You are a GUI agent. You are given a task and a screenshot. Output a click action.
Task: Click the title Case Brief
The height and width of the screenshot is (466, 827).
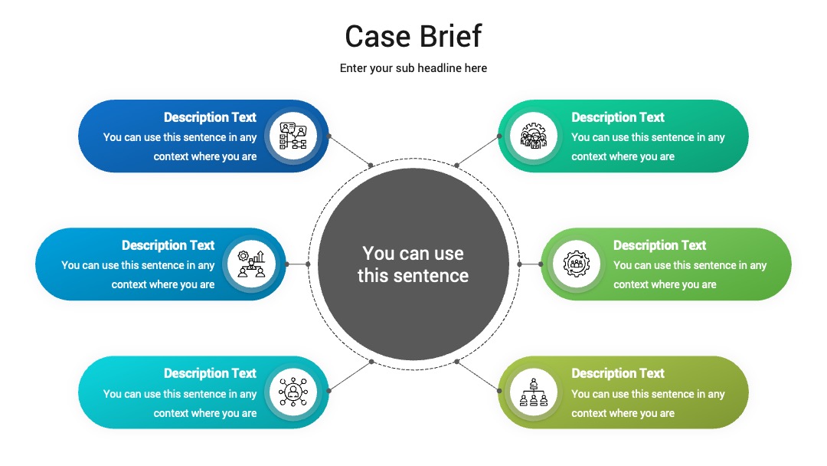click(413, 37)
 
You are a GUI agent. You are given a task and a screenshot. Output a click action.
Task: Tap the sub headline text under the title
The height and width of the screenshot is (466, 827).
click(413, 68)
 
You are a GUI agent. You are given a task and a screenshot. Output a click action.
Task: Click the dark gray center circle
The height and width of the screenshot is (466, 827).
click(413, 264)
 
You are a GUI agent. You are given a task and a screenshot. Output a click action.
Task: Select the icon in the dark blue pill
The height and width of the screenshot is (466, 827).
click(293, 136)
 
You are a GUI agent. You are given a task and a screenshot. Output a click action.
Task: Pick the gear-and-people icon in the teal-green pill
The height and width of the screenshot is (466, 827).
click(534, 136)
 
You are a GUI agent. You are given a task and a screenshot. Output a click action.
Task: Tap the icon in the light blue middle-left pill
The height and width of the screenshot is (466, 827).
click(251, 264)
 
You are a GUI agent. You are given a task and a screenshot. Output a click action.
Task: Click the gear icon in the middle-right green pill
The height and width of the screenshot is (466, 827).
click(576, 264)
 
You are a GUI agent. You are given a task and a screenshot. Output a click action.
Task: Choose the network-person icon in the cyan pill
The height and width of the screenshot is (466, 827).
click(293, 392)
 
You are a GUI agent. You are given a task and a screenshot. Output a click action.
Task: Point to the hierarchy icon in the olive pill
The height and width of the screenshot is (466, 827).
click(534, 392)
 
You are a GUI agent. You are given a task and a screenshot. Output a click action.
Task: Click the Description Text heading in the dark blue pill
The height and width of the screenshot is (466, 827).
click(210, 117)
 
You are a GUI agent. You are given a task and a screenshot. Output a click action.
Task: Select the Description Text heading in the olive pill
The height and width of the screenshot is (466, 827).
click(618, 374)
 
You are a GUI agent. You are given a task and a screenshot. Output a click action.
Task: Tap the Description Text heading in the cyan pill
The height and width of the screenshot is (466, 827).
click(210, 374)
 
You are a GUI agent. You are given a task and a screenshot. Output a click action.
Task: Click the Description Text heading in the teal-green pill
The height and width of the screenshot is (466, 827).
click(618, 117)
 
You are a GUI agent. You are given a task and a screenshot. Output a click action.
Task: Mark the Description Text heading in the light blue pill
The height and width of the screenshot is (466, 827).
click(168, 245)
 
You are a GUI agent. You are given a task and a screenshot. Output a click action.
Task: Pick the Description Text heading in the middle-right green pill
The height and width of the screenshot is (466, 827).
click(659, 245)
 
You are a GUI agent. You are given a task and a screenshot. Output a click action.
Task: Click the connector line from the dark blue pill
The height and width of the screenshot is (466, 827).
click(350, 150)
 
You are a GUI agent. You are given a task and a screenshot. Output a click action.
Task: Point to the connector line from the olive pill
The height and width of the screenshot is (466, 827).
click(478, 376)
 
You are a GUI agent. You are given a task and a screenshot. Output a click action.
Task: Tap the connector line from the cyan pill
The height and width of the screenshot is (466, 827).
click(350, 376)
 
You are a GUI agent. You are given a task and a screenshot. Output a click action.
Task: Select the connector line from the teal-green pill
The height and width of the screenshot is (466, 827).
click(478, 150)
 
